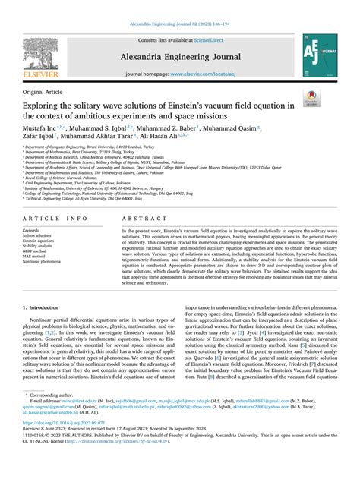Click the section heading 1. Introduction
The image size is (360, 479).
pos(44,309)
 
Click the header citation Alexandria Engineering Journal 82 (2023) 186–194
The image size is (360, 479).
pos(180,5)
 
